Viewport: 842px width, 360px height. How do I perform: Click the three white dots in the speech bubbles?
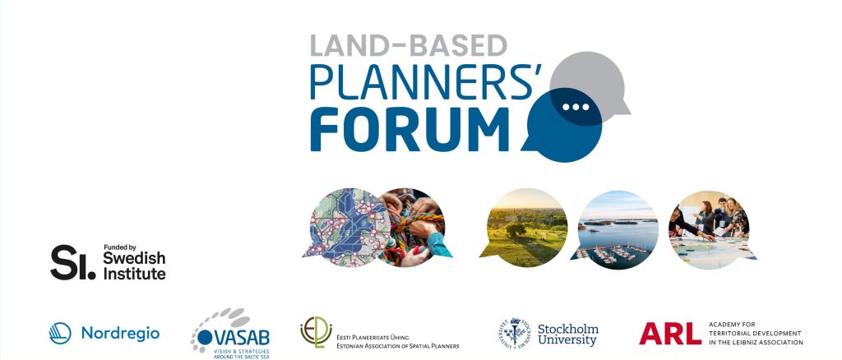point(576,107)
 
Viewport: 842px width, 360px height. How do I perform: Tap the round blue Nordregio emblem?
point(60,333)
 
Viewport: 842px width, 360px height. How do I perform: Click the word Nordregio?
point(120,334)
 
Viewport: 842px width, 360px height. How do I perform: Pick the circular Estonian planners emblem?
point(313,332)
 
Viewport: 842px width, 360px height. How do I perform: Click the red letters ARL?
point(669,333)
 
